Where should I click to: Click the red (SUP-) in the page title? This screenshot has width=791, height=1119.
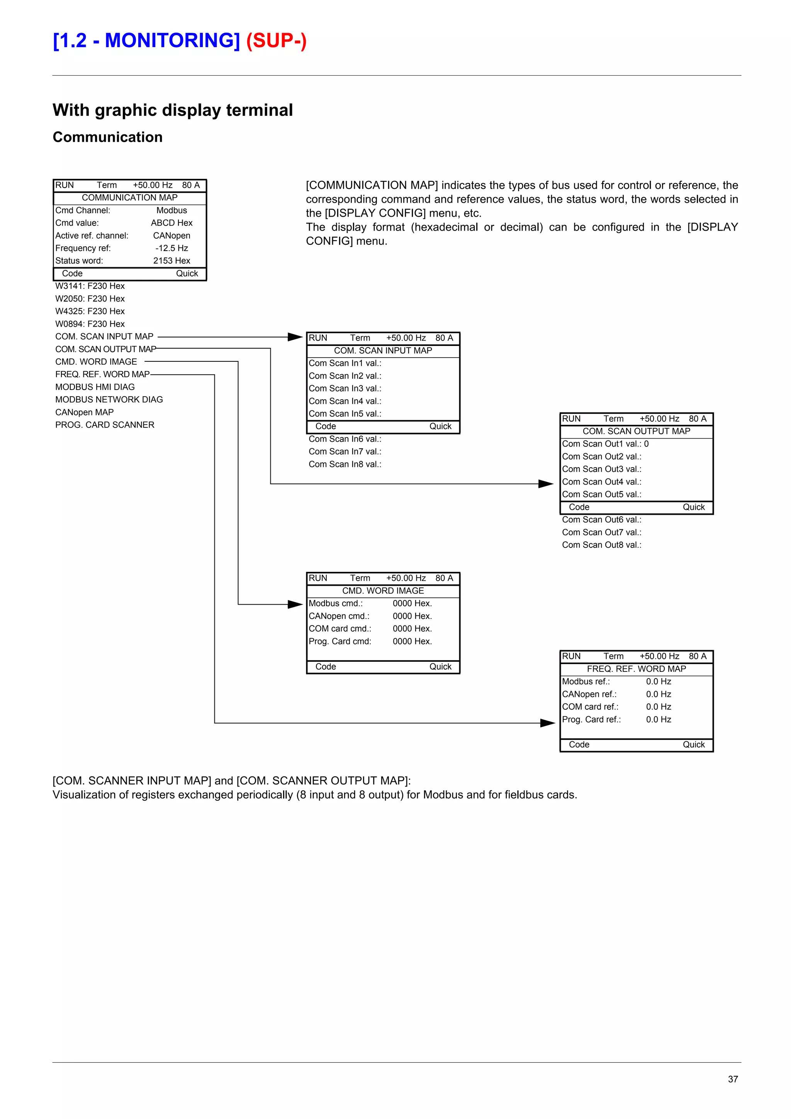[276, 41]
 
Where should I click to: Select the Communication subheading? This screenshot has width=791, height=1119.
[108, 137]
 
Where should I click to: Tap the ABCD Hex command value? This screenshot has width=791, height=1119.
[171, 223]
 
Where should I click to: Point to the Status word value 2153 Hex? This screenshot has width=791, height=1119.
[171, 261]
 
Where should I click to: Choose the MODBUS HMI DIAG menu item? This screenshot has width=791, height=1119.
[95, 387]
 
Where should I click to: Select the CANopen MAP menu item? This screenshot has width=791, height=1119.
[84, 412]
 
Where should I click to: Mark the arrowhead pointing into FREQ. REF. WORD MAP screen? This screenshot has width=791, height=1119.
[548, 723]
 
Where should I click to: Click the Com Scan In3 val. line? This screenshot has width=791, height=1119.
[345, 388]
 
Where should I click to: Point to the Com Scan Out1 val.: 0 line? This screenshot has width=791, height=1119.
[605, 444]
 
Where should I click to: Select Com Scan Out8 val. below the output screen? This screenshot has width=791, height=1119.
[601, 545]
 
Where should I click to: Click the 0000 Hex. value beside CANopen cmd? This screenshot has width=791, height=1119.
[412, 616]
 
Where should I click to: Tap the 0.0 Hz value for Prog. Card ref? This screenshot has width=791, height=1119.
[659, 719]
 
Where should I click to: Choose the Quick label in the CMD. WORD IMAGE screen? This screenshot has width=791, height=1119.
[440, 667]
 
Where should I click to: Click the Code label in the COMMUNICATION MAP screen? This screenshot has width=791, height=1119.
[72, 273]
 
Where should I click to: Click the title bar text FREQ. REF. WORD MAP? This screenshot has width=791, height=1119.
[636, 669]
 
